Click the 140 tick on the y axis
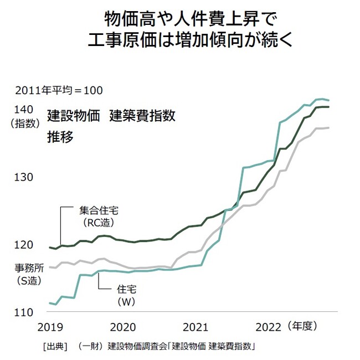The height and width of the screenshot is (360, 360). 25,109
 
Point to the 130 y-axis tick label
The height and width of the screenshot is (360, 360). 25,177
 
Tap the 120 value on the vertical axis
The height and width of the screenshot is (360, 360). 25,245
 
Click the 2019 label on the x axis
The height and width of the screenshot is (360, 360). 52,326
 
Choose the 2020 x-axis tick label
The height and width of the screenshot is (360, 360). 124,326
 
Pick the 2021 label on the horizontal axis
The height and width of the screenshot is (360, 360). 194,326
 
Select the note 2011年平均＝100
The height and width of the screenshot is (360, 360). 59,90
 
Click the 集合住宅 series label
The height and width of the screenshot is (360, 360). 98,211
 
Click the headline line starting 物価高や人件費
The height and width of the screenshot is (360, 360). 181,20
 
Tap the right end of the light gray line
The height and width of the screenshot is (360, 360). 329,128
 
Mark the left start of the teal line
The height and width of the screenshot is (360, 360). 50,303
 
